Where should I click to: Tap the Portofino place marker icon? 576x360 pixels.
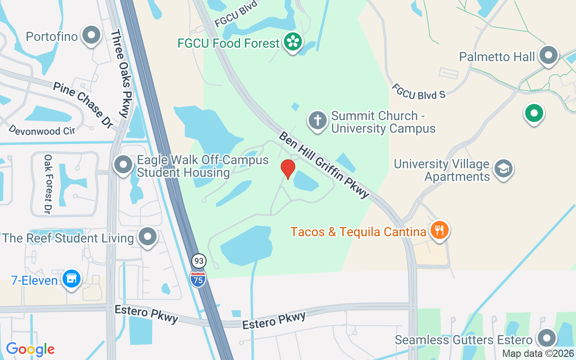click(92, 36)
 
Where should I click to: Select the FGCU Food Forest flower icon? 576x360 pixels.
click(293, 42)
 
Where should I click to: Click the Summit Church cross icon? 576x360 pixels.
click(318, 120)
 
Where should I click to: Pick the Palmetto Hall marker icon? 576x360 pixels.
click(548, 56)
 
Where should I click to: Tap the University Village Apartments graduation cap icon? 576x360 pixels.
click(503, 169)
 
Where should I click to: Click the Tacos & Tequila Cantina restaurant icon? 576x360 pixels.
click(439, 231)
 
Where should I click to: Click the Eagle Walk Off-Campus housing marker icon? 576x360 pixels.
click(123, 165)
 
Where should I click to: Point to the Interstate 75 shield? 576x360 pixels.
click(198, 279)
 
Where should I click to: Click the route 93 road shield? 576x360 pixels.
click(198, 261)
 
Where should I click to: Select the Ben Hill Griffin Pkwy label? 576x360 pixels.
click(324, 165)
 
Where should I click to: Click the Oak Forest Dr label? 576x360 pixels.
click(47, 184)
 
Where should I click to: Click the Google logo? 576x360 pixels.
click(30, 349)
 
